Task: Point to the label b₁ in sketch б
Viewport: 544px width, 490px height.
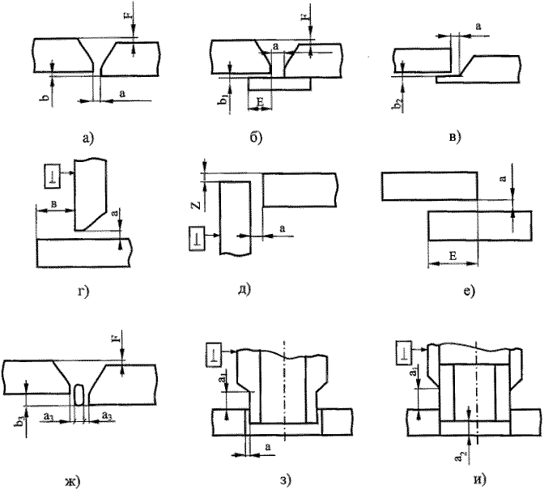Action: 223,100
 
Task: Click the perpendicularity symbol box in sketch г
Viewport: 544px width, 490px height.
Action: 49,174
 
